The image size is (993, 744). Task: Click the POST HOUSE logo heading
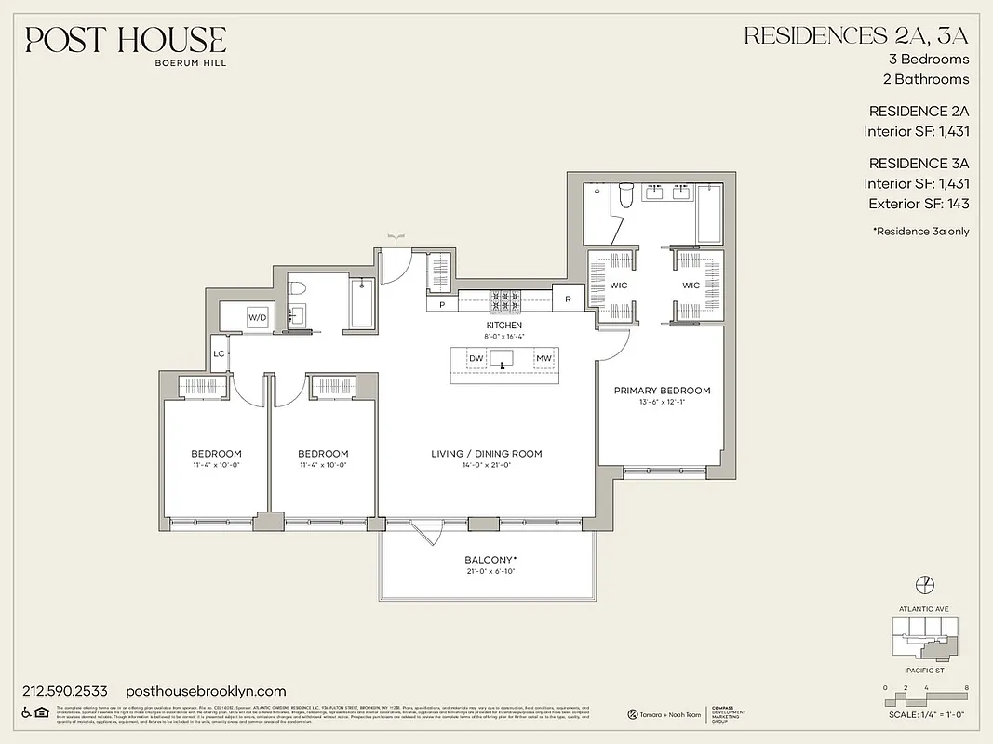tap(126, 40)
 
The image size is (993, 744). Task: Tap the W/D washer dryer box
tap(257, 318)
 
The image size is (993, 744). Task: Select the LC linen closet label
tap(220, 353)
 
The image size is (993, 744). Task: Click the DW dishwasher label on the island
tap(476, 358)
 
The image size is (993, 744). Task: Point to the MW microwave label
tap(542, 358)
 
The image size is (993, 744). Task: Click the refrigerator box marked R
tap(567, 299)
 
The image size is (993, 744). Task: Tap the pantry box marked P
tap(441, 304)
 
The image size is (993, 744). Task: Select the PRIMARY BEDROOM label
tap(662, 391)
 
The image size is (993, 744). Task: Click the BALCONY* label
tap(490, 560)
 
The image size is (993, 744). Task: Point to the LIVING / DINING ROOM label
tap(486, 454)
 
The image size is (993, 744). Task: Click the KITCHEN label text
tap(503, 325)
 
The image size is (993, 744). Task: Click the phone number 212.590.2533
tap(64, 691)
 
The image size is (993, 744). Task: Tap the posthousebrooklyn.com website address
tap(205, 691)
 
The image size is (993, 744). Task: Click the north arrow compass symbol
tap(924, 584)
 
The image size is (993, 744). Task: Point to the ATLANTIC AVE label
tap(924, 609)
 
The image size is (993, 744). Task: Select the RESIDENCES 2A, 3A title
tap(855, 36)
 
